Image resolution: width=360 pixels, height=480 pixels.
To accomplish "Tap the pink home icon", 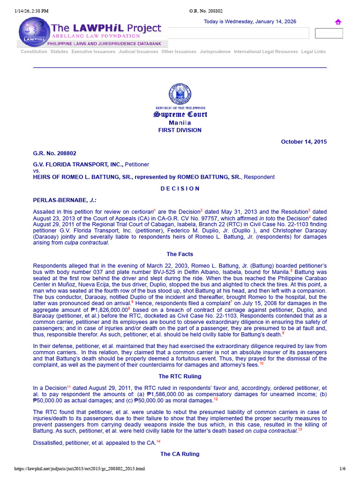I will (x=337, y=22).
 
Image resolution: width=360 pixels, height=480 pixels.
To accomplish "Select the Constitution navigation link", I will (x=34, y=52).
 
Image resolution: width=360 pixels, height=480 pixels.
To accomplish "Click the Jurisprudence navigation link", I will (x=215, y=52).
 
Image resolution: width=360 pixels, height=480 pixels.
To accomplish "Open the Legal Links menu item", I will (x=313, y=52).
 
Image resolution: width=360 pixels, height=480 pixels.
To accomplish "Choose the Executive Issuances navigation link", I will (x=93, y=52).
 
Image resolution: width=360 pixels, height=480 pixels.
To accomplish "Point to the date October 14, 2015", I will (x=303, y=142).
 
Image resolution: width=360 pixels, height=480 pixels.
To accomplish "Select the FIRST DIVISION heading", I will (x=180, y=130).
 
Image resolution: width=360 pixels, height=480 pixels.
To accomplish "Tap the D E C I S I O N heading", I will (x=180, y=188).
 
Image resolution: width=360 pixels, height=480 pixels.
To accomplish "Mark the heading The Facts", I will (x=180, y=254).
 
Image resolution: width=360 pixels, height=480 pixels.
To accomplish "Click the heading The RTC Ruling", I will (x=180, y=376).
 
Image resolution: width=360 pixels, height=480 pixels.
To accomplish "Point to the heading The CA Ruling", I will (x=180, y=454).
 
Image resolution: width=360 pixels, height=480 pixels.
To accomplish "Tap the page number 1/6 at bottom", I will (x=342, y=469).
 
